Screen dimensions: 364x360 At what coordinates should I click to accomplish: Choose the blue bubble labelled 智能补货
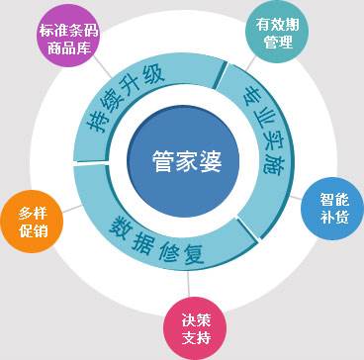334,206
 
